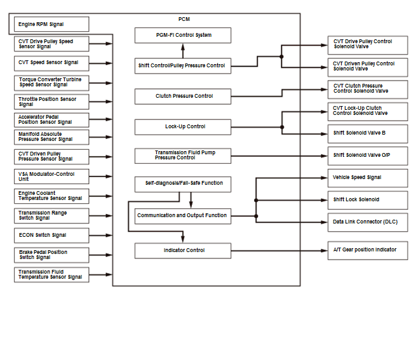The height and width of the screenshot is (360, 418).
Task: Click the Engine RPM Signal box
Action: pyautogui.click(x=51, y=24)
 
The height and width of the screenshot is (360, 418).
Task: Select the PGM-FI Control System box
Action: pyautogui.click(x=183, y=35)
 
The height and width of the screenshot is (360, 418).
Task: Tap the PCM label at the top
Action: pyautogui.click(x=184, y=19)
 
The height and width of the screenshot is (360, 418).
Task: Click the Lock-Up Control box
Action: pyautogui.click(x=183, y=127)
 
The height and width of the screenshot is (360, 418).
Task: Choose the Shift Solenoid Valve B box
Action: pyautogui.click(x=368, y=134)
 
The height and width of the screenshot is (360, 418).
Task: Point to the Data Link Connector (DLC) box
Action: pyautogui.click(x=368, y=222)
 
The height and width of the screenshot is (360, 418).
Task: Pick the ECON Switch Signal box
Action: pyautogui.click(x=51, y=236)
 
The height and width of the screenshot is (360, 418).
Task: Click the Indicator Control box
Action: pyautogui.click(x=183, y=251)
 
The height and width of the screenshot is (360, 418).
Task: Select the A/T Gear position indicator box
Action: pyautogui.click(x=368, y=251)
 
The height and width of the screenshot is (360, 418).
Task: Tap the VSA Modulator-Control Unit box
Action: pyautogui.click(x=51, y=177)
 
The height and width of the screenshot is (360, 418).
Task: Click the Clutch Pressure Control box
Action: pyautogui.click(x=183, y=97)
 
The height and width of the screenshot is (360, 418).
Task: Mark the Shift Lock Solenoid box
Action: pyautogui.click(x=368, y=200)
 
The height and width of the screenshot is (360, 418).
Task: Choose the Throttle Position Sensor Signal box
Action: pyautogui.click(x=51, y=102)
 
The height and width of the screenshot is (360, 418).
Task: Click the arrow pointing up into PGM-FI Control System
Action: pyautogui.click(x=183, y=51)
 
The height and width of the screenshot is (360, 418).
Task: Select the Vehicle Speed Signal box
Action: pyautogui.click(x=368, y=178)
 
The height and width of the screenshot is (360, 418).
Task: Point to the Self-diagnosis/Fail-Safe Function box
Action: pyautogui.click(x=183, y=184)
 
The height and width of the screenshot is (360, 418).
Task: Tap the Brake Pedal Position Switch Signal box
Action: pyautogui.click(x=51, y=255)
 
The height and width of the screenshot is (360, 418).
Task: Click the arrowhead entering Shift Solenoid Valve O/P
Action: pyautogui.click(x=324, y=156)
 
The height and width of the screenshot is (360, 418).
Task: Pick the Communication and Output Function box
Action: pyautogui.click(x=183, y=216)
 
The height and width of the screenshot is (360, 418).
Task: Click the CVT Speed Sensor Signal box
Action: pyautogui.click(x=51, y=63)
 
